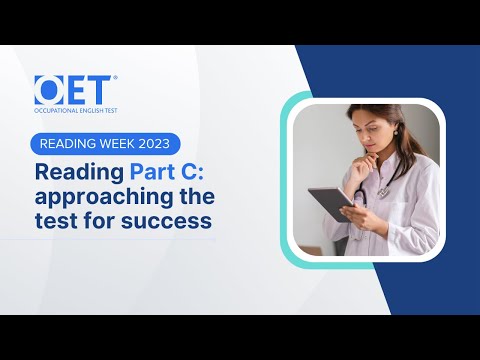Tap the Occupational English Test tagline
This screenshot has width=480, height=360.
point(76,110)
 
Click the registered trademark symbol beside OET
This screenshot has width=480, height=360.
point(115,78)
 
